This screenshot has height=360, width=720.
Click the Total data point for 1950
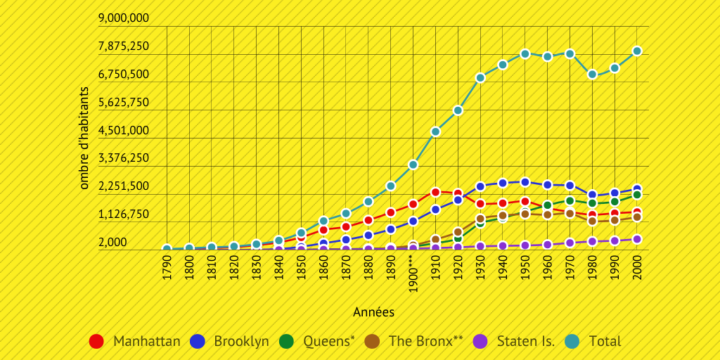tap(525, 54)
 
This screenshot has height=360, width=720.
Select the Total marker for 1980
tap(592, 75)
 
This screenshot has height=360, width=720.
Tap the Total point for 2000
tap(637, 51)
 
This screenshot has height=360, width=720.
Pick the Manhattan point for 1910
tap(435, 192)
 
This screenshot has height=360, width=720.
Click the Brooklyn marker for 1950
tap(525, 182)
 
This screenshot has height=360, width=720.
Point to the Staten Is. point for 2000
tap(637, 239)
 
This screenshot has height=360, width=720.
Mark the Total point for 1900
tap(413, 165)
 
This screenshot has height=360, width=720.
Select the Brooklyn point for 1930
tap(480, 186)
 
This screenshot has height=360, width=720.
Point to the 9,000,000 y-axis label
tap(124, 18)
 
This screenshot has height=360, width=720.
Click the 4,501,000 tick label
tap(124, 130)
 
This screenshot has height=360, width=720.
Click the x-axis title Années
tap(373, 311)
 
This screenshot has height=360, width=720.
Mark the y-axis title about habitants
tap(84, 139)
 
